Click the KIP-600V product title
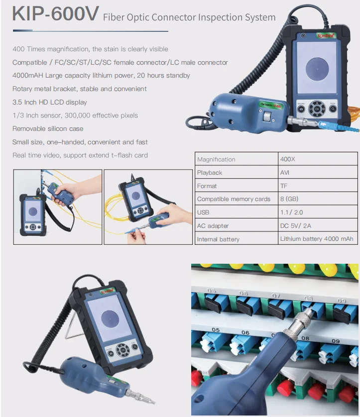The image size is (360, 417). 55,14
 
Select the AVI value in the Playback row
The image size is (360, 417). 285,173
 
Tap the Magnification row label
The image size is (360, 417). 216,159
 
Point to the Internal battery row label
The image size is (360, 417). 218,239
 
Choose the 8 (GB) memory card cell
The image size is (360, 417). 289,199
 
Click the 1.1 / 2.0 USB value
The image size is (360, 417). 291,212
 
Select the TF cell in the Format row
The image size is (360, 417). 284,186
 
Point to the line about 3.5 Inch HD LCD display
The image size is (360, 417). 50,102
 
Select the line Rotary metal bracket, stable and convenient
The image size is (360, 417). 80,89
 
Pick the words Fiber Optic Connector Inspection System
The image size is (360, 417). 189,17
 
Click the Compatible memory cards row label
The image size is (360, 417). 234,199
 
